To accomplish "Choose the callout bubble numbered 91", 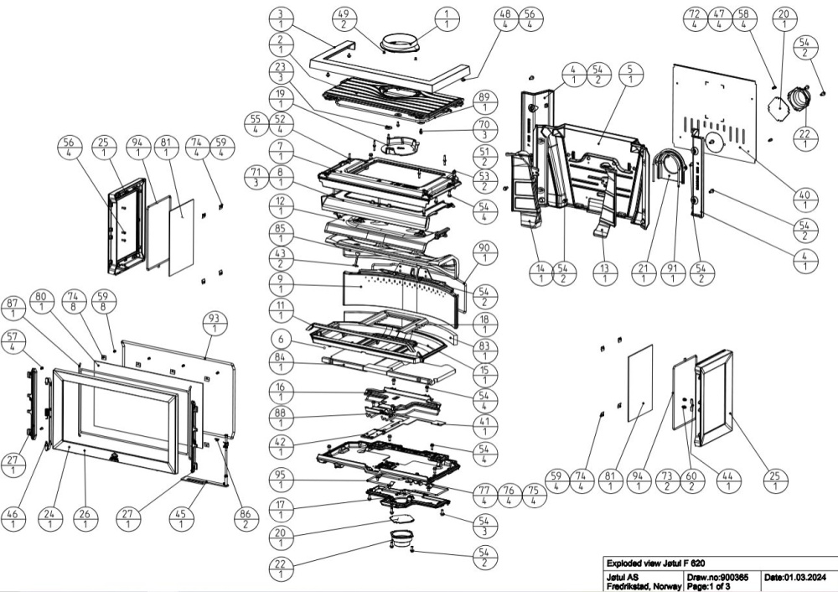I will pos(671,273).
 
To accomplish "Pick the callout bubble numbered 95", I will pos(281,480).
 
